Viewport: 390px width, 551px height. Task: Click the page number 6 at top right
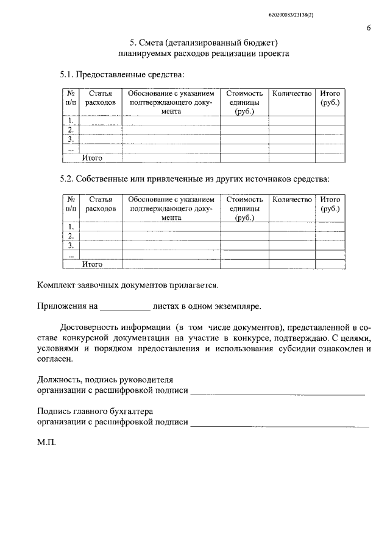point(369,28)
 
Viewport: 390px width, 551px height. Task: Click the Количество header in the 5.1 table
point(292,94)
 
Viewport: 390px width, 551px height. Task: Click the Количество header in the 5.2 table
point(292,199)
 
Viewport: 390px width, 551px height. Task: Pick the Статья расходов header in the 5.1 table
point(101,98)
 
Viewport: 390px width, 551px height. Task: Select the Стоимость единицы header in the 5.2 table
point(244,208)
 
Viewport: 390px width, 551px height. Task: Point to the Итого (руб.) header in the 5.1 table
point(330,98)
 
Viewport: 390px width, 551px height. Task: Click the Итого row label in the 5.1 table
point(92,158)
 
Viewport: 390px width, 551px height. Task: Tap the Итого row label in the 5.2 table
point(92,264)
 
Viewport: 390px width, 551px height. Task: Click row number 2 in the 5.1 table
point(71,130)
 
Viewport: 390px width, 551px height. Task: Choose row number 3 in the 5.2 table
point(71,245)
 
